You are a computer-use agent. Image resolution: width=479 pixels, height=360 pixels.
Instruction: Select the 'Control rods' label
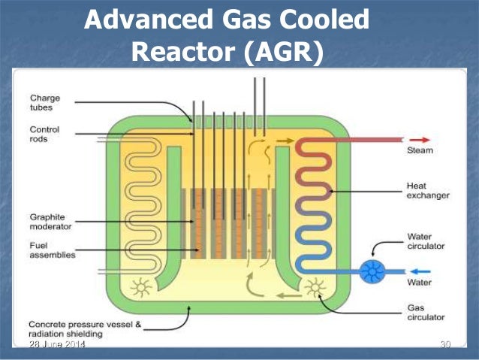pos(44,135)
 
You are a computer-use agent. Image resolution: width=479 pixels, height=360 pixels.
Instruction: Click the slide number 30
pos(444,344)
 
